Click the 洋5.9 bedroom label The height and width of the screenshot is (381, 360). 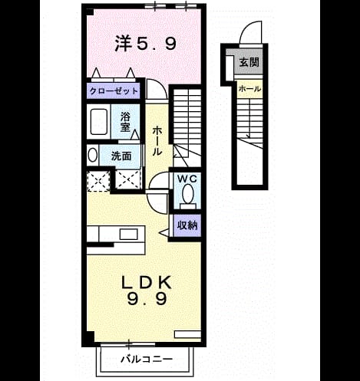[x=145, y=44]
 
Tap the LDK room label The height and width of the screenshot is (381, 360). [x=146, y=282]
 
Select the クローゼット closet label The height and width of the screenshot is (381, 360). [x=114, y=91]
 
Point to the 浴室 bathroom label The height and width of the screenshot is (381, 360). [x=125, y=122]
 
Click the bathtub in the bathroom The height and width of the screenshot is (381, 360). [x=99, y=122]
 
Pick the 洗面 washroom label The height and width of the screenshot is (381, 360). [x=121, y=156]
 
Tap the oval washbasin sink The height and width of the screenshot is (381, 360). [x=92, y=155]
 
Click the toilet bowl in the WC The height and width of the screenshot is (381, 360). [x=188, y=193]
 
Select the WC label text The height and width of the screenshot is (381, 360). [x=187, y=179]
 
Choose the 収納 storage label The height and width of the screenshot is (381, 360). [x=187, y=225]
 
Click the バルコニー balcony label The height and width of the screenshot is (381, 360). [x=147, y=360]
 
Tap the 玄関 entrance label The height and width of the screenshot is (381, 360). [x=249, y=62]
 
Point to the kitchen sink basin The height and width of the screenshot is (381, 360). [x=129, y=234]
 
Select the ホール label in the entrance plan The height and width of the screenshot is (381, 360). [x=249, y=89]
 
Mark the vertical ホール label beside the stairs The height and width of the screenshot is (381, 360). [x=157, y=141]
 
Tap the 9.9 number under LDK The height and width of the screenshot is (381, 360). [x=147, y=299]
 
